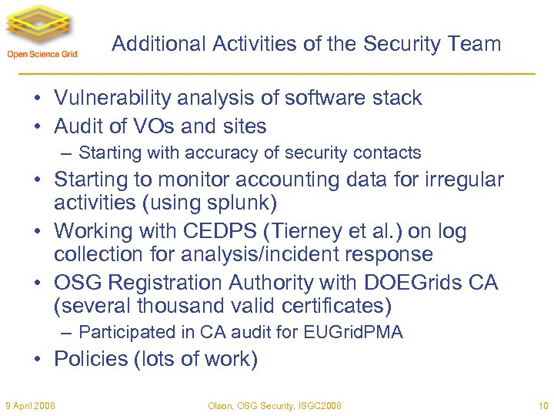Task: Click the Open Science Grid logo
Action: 42,32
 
